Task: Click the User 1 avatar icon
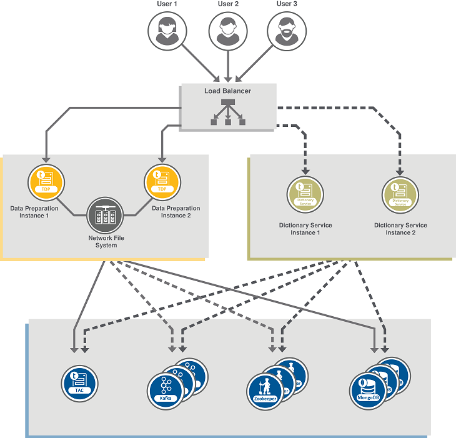pos(167,31)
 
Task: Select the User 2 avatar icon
pos(227,31)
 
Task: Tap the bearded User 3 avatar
pos(287,31)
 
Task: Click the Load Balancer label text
pos(228,91)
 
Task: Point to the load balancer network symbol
pos(228,111)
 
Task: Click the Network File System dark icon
pos(104,216)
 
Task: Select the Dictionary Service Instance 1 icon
pos(305,194)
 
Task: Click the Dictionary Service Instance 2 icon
pos(400,194)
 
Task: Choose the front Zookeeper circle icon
pos(265,391)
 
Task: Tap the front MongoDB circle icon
pos(368,391)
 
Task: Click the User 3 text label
pos(287,4)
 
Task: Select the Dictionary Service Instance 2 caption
pos(400,229)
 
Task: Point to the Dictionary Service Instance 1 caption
pos(305,229)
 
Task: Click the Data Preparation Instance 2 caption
pos(176,212)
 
